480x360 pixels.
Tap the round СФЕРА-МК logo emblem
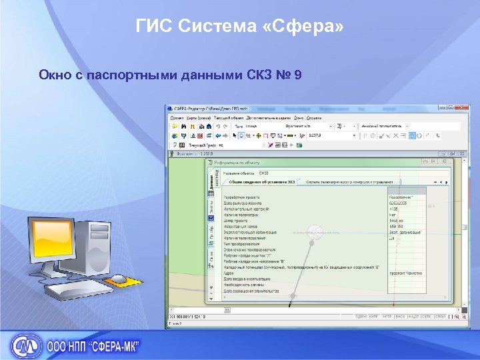point(25,346)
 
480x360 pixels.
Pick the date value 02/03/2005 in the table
point(399,203)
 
